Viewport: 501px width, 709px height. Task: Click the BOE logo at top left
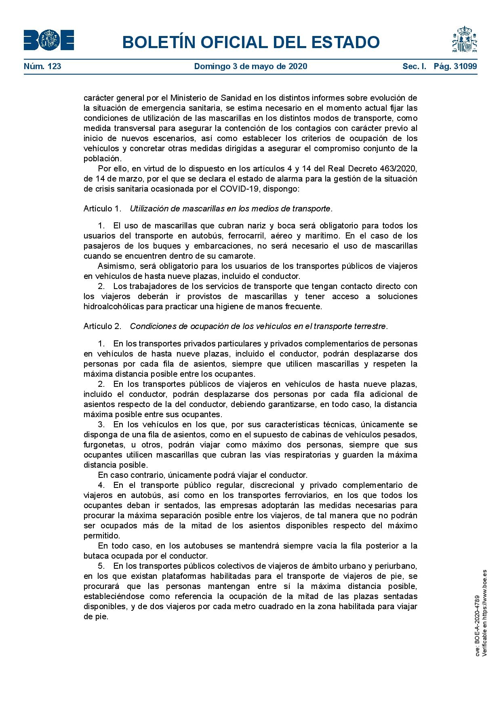[x=48, y=40]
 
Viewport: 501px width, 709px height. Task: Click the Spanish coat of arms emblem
[x=465, y=40]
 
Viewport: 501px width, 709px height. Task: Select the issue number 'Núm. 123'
[x=42, y=66]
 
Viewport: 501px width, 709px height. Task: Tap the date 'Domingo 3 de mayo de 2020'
[x=250, y=66]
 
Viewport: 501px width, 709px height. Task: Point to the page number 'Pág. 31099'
[x=455, y=66]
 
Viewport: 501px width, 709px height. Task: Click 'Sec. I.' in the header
[x=414, y=66]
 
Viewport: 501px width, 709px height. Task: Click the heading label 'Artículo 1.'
[x=102, y=209]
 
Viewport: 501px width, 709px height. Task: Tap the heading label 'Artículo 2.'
[x=102, y=326]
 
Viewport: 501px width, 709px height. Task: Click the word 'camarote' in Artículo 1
[x=238, y=256]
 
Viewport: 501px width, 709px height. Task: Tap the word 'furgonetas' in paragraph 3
[x=103, y=445]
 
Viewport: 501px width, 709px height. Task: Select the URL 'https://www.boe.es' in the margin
[x=484, y=594]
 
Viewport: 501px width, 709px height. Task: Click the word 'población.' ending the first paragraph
[x=102, y=158]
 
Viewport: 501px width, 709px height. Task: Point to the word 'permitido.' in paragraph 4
[x=102, y=536]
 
